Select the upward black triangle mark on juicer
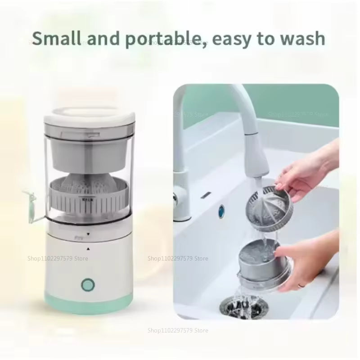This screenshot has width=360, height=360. coord(88,248)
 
